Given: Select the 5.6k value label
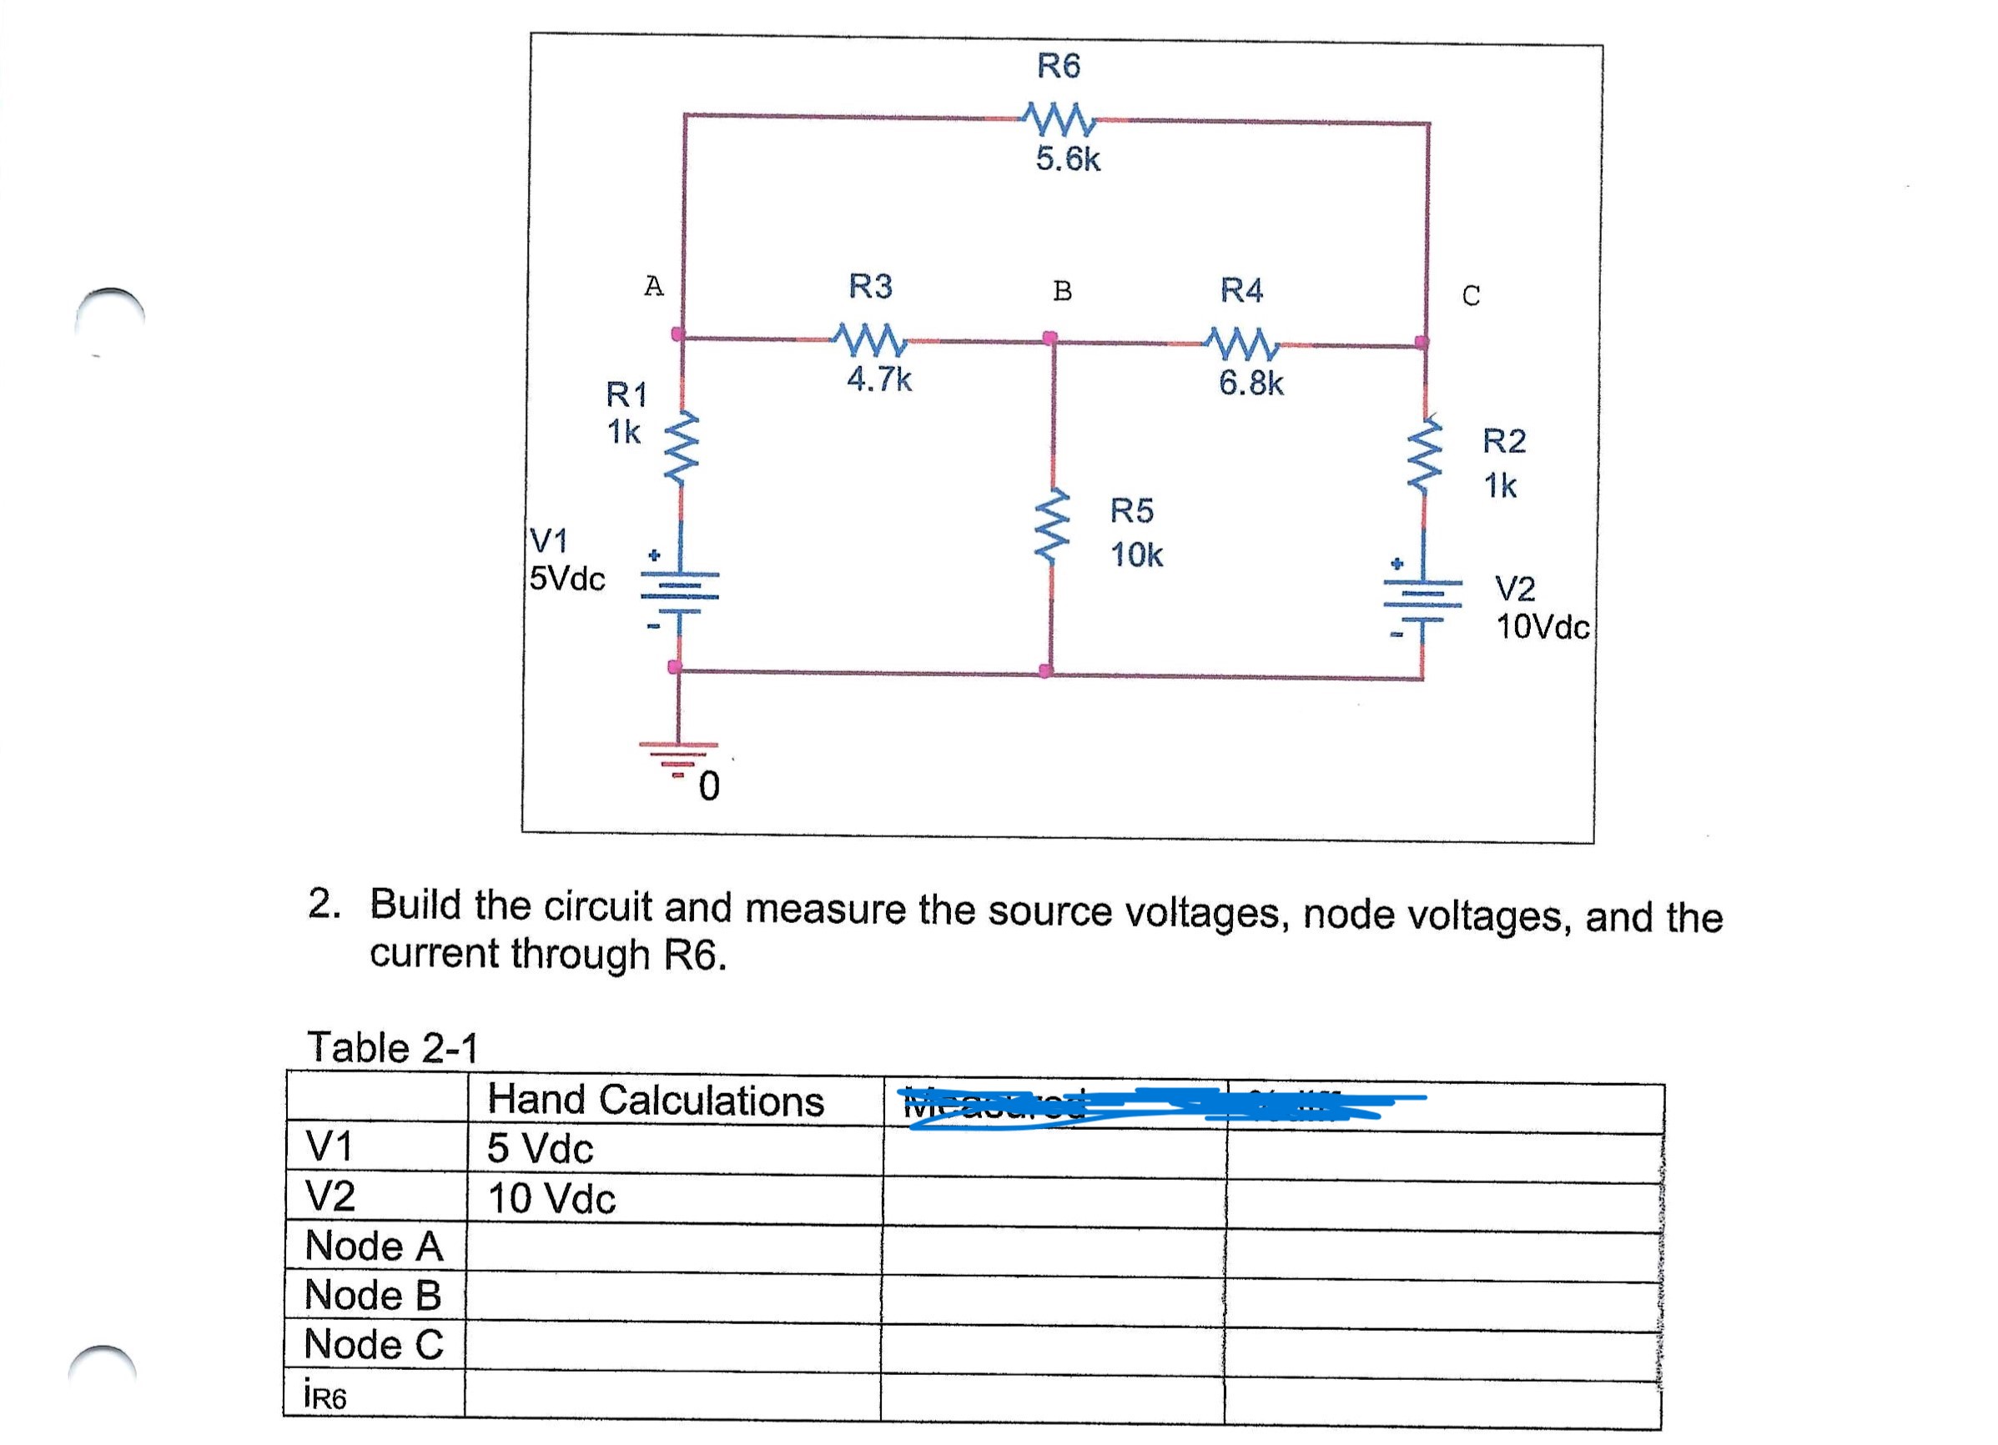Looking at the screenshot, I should pyautogui.click(x=1068, y=159).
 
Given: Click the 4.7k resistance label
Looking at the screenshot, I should pyautogui.click(x=878, y=379).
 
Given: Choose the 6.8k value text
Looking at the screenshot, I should pyautogui.click(x=1251, y=383).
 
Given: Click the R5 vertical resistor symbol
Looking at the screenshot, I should pyautogui.click(x=1052, y=524).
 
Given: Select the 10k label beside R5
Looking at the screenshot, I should pyautogui.click(x=1136, y=555).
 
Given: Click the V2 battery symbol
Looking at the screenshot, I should pyautogui.click(x=1422, y=596).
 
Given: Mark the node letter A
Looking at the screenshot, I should pyautogui.click(x=652, y=286).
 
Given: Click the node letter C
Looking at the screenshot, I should pyautogui.click(x=1470, y=296).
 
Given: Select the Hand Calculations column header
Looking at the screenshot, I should pyautogui.click(x=656, y=1101).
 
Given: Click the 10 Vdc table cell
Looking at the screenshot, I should pyautogui.click(x=551, y=1198).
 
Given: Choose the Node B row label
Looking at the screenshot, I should pyautogui.click(x=373, y=1294).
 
